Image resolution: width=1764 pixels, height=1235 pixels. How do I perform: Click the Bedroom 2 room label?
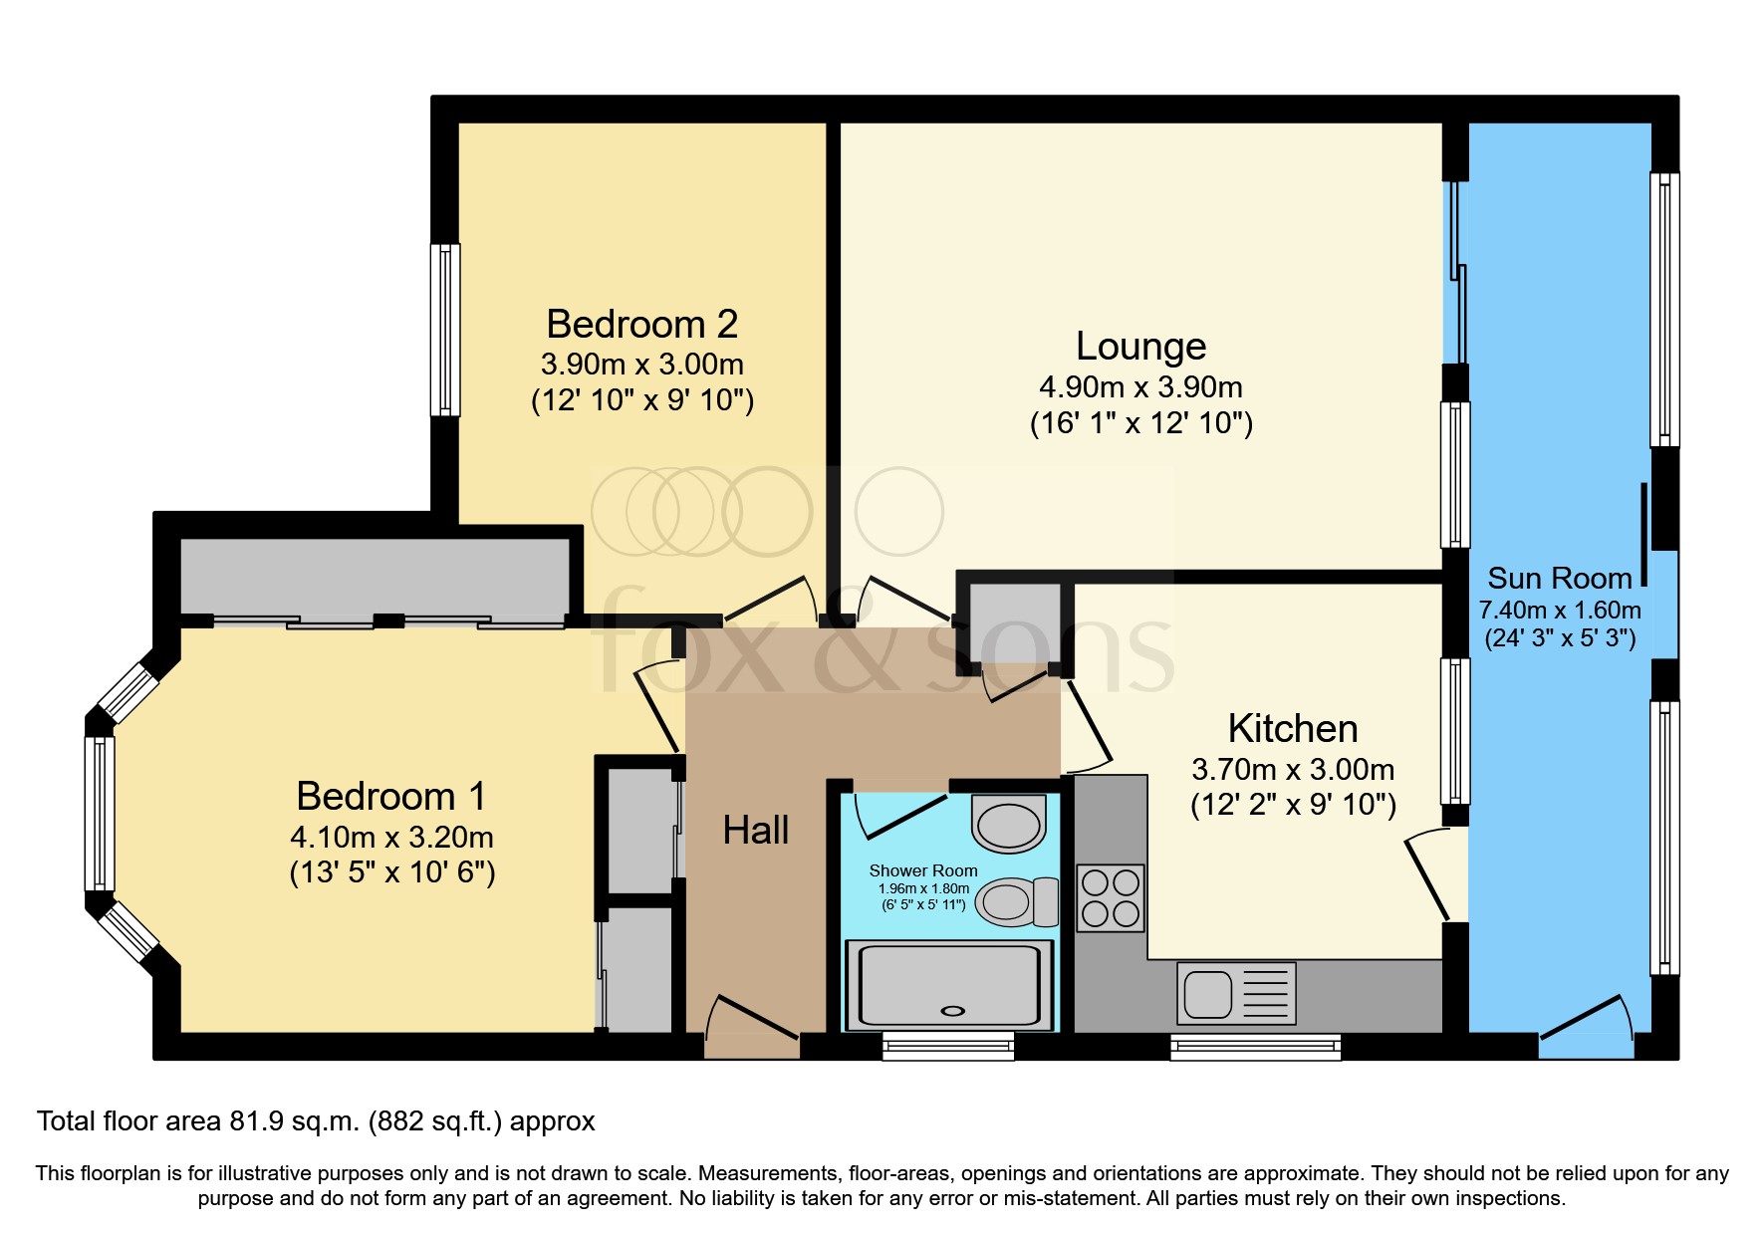coord(642,325)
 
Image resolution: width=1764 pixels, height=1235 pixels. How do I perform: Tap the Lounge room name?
coord(1141,347)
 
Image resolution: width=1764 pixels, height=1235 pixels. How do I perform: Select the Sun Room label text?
coord(1560,579)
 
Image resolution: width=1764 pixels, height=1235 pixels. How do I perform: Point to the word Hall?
coord(756,830)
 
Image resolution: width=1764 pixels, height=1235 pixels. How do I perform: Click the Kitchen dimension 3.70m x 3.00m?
coord(1293,770)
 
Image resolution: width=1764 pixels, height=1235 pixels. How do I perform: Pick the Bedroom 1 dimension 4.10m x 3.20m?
coord(392,838)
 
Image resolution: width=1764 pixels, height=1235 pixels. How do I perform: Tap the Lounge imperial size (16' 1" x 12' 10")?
coord(1141,423)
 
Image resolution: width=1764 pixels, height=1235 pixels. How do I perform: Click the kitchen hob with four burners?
coord(1111,897)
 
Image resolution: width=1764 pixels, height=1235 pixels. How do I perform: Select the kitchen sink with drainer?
coord(1236,993)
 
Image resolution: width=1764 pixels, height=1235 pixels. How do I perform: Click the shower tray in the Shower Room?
coord(948,986)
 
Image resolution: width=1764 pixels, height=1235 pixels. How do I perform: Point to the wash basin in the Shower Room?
coord(1009,824)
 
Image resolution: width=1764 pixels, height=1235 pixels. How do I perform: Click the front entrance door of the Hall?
coord(752,1026)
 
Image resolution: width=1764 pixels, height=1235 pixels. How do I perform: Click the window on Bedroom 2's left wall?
coord(445,330)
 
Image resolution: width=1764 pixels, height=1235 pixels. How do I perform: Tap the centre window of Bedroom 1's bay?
coord(100,814)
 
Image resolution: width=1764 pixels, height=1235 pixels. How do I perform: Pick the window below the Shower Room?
coord(948,1046)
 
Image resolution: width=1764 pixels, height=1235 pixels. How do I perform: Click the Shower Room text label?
coord(923,870)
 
